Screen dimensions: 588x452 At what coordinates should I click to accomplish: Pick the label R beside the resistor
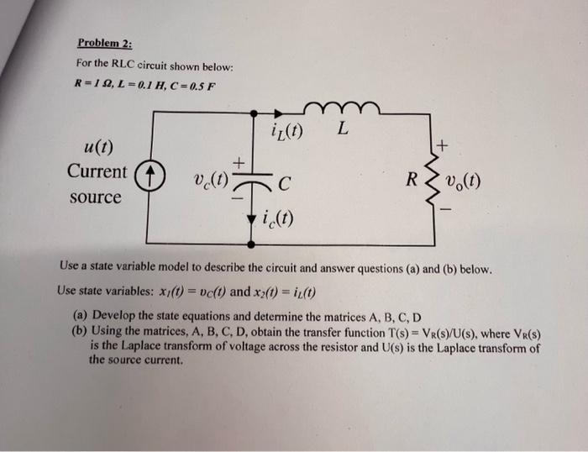[x=412, y=180]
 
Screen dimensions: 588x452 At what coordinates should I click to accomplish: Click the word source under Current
[x=94, y=198]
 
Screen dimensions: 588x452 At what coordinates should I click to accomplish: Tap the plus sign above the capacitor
[x=239, y=160]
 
